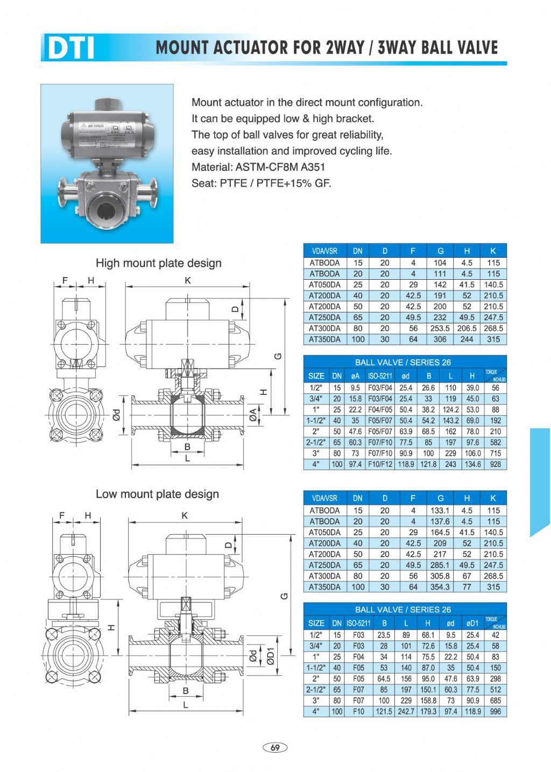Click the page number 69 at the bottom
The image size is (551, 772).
pyautogui.click(x=275, y=747)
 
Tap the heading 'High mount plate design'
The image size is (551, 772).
pyautogui.click(x=158, y=263)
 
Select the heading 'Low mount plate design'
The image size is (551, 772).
pyautogui.click(x=157, y=494)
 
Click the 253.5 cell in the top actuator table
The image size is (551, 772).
pyautogui.click(x=440, y=328)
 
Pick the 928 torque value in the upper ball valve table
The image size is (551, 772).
pyautogui.click(x=495, y=464)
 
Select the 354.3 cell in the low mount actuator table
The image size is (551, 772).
pyautogui.click(x=440, y=587)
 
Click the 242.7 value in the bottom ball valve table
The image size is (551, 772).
pyautogui.click(x=406, y=711)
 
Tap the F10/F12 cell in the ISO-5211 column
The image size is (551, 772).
pyautogui.click(x=380, y=464)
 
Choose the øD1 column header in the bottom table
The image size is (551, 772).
pyautogui.click(x=472, y=623)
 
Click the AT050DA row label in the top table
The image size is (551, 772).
pyautogui.click(x=324, y=285)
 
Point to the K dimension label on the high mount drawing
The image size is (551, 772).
pyautogui.click(x=187, y=280)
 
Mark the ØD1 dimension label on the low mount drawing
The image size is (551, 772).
pyautogui.click(x=271, y=656)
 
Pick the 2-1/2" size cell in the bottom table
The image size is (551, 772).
pyautogui.click(x=316, y=689)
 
